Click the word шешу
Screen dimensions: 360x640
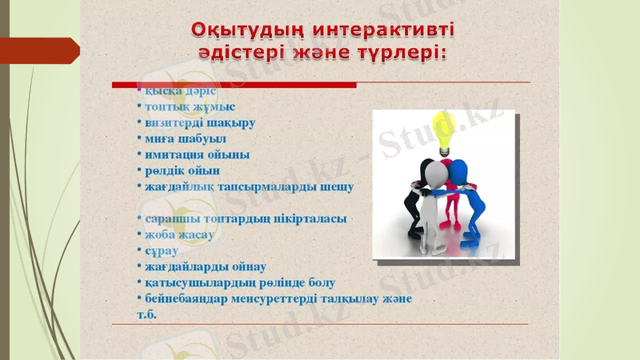click(x=338, y=186)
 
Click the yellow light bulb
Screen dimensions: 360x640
click(x=442, y=130)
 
